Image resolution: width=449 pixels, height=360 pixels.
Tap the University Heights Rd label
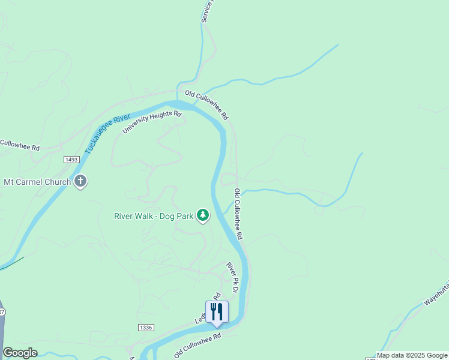[x=152, y=122]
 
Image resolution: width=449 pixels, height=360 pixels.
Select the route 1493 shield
[x=71, y=159]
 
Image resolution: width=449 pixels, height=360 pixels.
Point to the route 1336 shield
[x=145, y=327]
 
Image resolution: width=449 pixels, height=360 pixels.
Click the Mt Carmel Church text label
[x=37, y=181]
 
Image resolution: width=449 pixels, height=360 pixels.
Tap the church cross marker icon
[x=80, y=181]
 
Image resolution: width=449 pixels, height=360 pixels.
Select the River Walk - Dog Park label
[x=154, y=216]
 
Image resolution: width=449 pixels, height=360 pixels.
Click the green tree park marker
[x=203, y=215]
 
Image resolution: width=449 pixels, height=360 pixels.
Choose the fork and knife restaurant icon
[x=217, y=311]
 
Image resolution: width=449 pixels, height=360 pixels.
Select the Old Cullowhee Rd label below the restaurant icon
[x=197, y=344]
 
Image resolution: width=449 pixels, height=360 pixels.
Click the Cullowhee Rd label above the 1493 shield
[x=19, y=145]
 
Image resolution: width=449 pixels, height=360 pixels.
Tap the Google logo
[x=20, y=353]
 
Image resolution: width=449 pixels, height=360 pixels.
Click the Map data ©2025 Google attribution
[x=412, y=355]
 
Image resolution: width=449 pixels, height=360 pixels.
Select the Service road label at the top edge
[x=206, y=12]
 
